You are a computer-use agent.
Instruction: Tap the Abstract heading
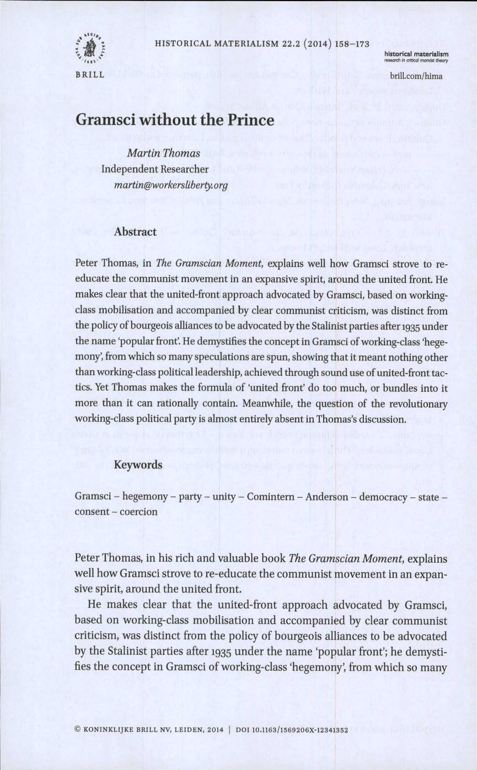[135, 232]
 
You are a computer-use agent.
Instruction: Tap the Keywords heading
[138, 465]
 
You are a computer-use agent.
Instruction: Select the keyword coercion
[135, 511]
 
